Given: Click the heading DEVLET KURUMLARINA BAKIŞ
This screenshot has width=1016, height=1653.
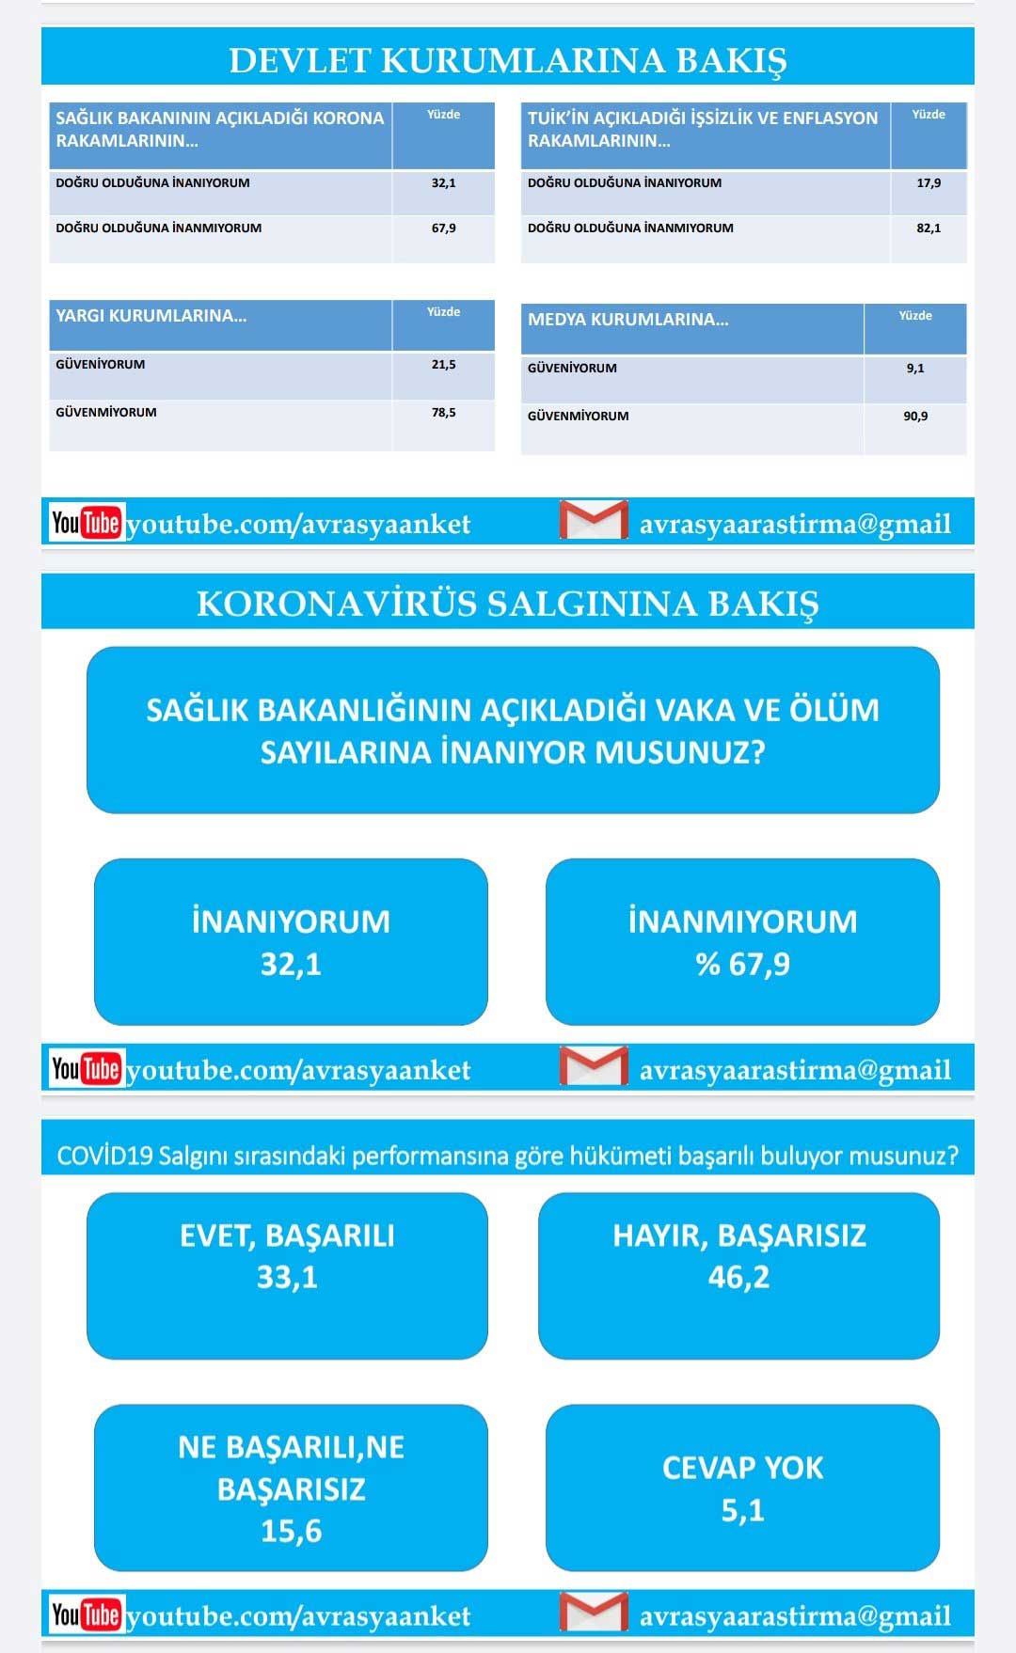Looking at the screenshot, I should [507, 59].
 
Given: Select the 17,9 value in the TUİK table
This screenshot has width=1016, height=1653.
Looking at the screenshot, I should [928, 183].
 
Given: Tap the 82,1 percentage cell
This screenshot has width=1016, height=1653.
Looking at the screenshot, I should [928, 228].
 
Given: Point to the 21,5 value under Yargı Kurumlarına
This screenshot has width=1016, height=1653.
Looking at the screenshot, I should [443, 365].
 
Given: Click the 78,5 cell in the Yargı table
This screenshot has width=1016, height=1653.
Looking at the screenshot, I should [443, 413].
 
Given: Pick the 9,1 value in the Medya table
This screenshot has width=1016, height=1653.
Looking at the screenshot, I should [914, 369].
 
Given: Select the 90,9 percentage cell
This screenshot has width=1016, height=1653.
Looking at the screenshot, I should [914, 417].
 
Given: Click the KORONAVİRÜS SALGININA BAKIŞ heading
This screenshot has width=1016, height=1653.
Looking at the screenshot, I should [507, 604].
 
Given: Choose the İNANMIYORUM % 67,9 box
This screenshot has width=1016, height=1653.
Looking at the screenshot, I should [742, 941].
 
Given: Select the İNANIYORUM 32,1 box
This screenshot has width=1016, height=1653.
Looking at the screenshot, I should [291, 941].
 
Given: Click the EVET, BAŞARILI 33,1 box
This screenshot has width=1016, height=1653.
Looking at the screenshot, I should [287, 1275].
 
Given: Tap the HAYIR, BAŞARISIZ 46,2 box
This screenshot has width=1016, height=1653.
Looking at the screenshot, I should [738, 1275].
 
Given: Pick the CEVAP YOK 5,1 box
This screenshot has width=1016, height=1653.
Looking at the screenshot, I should [742, 1488].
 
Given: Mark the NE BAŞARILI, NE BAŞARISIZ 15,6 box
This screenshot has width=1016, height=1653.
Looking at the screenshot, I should [291, 1488].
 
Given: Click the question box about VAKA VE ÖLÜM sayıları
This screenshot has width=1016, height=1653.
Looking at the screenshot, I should [513, 730].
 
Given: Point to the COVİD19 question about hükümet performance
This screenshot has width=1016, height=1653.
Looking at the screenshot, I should [507, 1156].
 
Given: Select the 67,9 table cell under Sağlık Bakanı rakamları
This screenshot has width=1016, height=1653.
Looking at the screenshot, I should [443, 228].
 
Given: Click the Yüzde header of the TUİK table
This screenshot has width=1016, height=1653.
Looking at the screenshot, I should [928, 115].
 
